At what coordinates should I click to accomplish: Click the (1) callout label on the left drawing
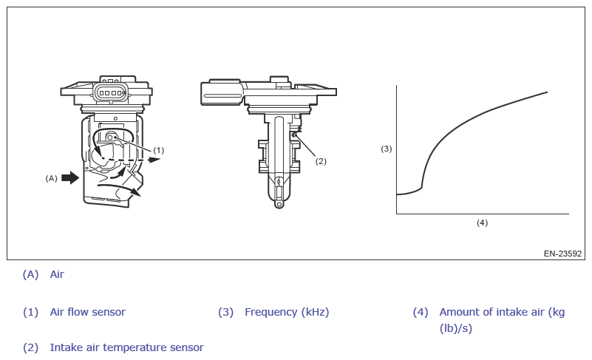point(159,150)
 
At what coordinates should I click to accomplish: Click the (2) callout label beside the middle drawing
point(321,161)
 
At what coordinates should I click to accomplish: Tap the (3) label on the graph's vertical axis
point(387,149)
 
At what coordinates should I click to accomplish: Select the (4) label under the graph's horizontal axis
point(482,223)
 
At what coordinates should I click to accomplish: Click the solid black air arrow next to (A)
point(70,177)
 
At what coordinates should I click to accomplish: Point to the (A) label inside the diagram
point(51,178)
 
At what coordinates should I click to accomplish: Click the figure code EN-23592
point(562,254)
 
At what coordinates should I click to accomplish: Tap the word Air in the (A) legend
point(57,274)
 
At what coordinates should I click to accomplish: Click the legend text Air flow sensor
point(88,312)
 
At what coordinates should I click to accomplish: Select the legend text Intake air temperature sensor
point(127,347)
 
